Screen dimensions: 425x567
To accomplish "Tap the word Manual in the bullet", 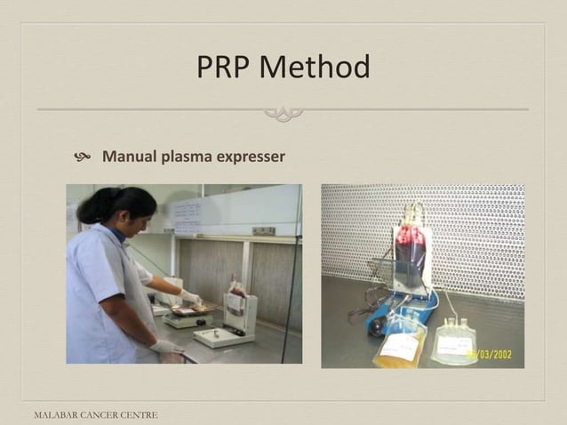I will [x=130, y=157].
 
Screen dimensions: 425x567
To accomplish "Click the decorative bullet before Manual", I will [x=84, y=158].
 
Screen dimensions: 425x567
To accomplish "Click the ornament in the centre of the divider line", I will [x=283, y=113].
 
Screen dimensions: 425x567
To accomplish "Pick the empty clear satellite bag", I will [x=457, y=341].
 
